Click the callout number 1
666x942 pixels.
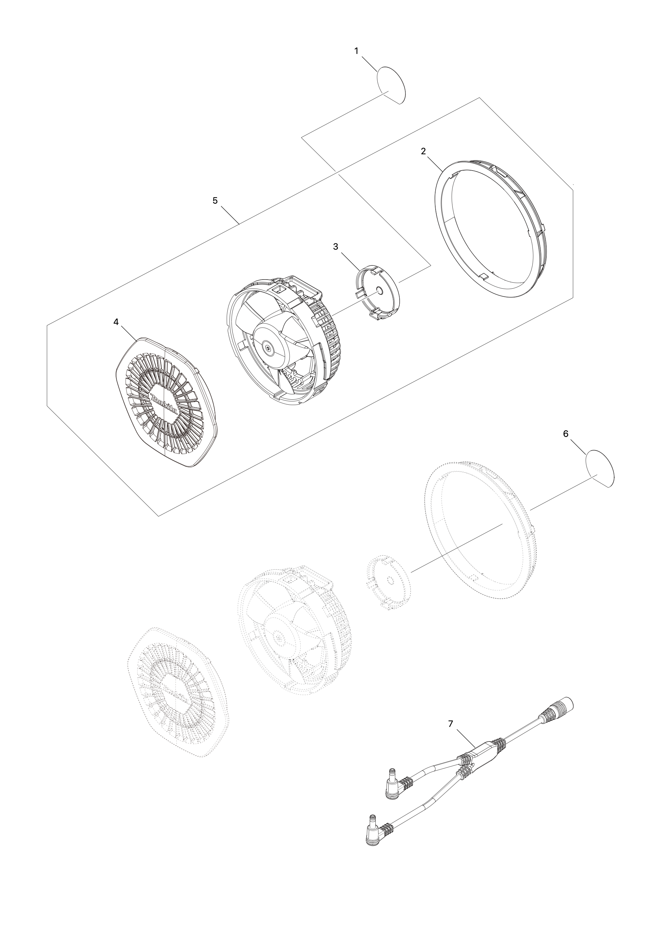356,51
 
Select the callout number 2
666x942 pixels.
423,151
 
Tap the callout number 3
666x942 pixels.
335,247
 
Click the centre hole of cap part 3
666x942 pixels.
379,290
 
